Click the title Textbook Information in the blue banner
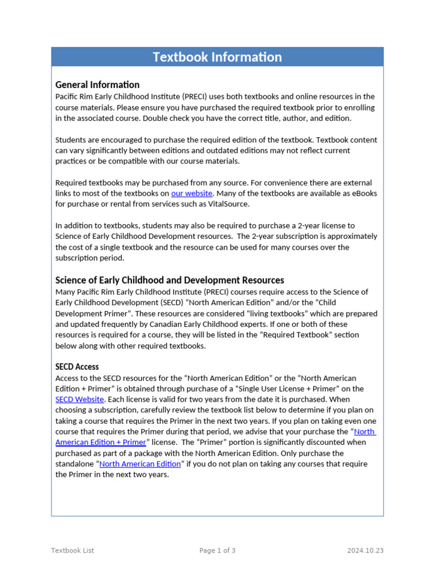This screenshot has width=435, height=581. point(217,57)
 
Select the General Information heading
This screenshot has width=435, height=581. point(97,85)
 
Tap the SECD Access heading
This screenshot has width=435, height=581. point(77,367)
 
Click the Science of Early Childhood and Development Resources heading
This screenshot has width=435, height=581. point(169,280)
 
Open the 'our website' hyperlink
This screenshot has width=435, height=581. point(191,193)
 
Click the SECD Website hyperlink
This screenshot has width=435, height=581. point(79,399)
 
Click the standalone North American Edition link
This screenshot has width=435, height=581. point(140,464)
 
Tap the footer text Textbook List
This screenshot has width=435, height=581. point(72,550)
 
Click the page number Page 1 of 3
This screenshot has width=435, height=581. point(217,550)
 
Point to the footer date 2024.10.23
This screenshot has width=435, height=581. point(365,550)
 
